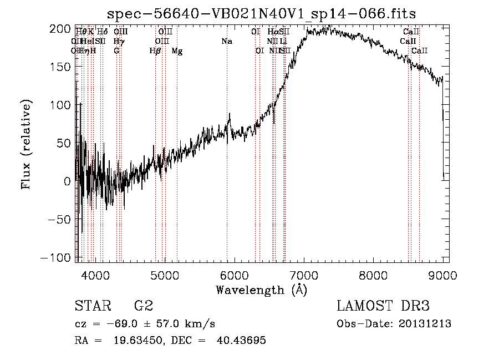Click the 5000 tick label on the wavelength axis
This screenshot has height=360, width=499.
165,275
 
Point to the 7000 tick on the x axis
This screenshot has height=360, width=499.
304,275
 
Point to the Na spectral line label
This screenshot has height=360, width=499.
226,42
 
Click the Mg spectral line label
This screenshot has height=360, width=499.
177,51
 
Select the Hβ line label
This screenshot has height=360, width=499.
155,51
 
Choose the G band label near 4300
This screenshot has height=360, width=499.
116,51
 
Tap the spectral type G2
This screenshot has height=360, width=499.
144,306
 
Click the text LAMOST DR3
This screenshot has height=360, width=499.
383,306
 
